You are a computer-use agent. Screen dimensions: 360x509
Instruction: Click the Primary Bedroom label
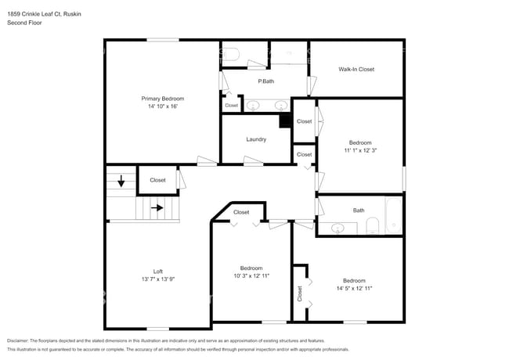[162, 99]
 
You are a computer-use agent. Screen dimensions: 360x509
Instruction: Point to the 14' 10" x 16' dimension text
[162, 106]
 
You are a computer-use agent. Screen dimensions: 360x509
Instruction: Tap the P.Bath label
[265, 81]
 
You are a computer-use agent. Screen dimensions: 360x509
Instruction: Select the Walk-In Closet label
[356, 69]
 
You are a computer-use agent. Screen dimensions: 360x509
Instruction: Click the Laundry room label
[256, 139]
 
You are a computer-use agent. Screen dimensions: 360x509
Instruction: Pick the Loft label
[157, 271]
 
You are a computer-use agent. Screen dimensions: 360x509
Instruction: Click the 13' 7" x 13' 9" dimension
[157, 279]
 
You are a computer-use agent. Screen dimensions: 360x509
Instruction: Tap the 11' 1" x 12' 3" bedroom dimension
[360, 150]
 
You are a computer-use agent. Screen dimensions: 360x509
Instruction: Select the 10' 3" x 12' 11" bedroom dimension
[251, 275]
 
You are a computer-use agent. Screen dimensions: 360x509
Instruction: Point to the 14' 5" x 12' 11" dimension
[354, 288]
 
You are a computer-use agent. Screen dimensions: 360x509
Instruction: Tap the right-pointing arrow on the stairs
[157, 208]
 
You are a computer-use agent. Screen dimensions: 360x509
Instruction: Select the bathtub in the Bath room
[393, 217]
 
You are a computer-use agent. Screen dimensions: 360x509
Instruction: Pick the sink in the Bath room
[338, 229]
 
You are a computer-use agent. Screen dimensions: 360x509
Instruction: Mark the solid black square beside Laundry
[286, 121]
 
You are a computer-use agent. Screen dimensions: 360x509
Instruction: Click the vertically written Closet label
[300, 293]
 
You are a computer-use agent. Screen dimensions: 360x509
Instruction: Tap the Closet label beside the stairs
[157, 180]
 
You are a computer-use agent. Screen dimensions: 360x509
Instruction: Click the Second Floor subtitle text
[25, 23]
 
